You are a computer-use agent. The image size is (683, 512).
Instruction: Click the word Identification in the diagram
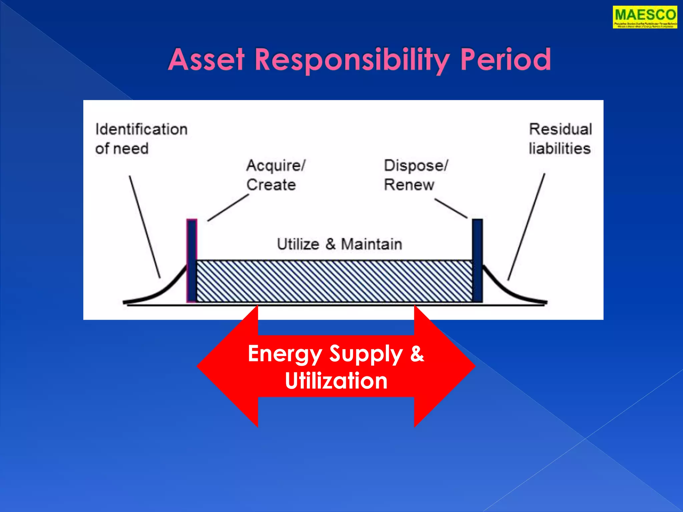[x=141, y=129]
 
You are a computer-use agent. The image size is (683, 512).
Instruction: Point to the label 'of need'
[x=122, y=149]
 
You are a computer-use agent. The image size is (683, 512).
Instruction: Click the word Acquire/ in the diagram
[x=276, y=166]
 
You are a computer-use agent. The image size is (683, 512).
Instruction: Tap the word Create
[x=271, y=185]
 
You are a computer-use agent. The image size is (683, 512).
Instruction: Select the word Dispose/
[x=416, y=166]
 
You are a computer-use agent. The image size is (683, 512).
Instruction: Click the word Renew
[x=409, y=185]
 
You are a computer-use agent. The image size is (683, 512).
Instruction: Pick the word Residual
[x=561, y=129]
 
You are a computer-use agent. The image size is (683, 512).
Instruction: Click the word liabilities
[x=560, y=149]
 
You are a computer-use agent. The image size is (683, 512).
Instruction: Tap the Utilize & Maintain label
[x=339, y=244]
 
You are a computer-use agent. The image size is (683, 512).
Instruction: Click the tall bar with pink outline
[x=192, y=260]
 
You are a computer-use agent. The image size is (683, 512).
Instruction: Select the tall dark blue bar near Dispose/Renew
[x=477, y=260]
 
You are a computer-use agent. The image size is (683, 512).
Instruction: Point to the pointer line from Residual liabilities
[x=526, y=227]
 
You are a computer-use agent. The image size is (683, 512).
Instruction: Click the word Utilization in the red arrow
[x=336, y=381]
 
